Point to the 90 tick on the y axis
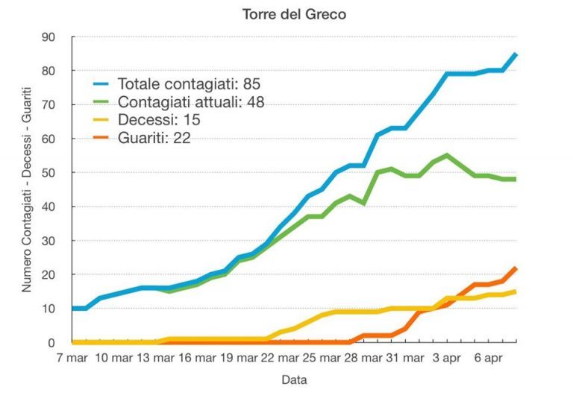48,37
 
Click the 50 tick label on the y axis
48,173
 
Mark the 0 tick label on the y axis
51,343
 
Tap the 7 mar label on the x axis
72,359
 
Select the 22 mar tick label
278,359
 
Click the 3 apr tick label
447,359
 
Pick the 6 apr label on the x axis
488,359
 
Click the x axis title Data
294,380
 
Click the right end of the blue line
516,54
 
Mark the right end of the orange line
516,268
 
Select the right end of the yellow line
516,291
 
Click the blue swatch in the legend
102,83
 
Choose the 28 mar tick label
363,359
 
